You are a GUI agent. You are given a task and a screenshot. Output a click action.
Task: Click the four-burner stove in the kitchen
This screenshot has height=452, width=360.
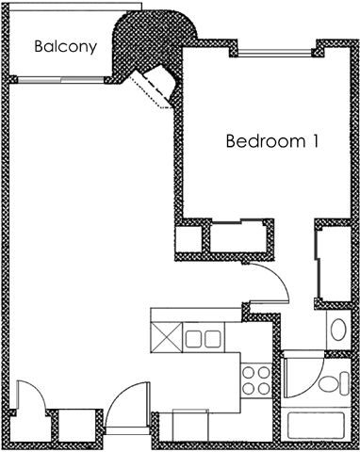[255, 381]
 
